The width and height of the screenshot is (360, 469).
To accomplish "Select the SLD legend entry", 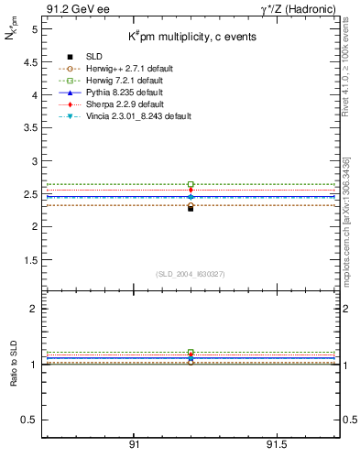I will pyautogui.click(x=92, y=57).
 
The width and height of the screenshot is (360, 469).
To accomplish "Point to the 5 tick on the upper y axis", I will pyautogui.click(x=34, y=29).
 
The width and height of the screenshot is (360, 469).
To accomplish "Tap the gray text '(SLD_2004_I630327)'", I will pyautogui.click(x=191, y=273).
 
